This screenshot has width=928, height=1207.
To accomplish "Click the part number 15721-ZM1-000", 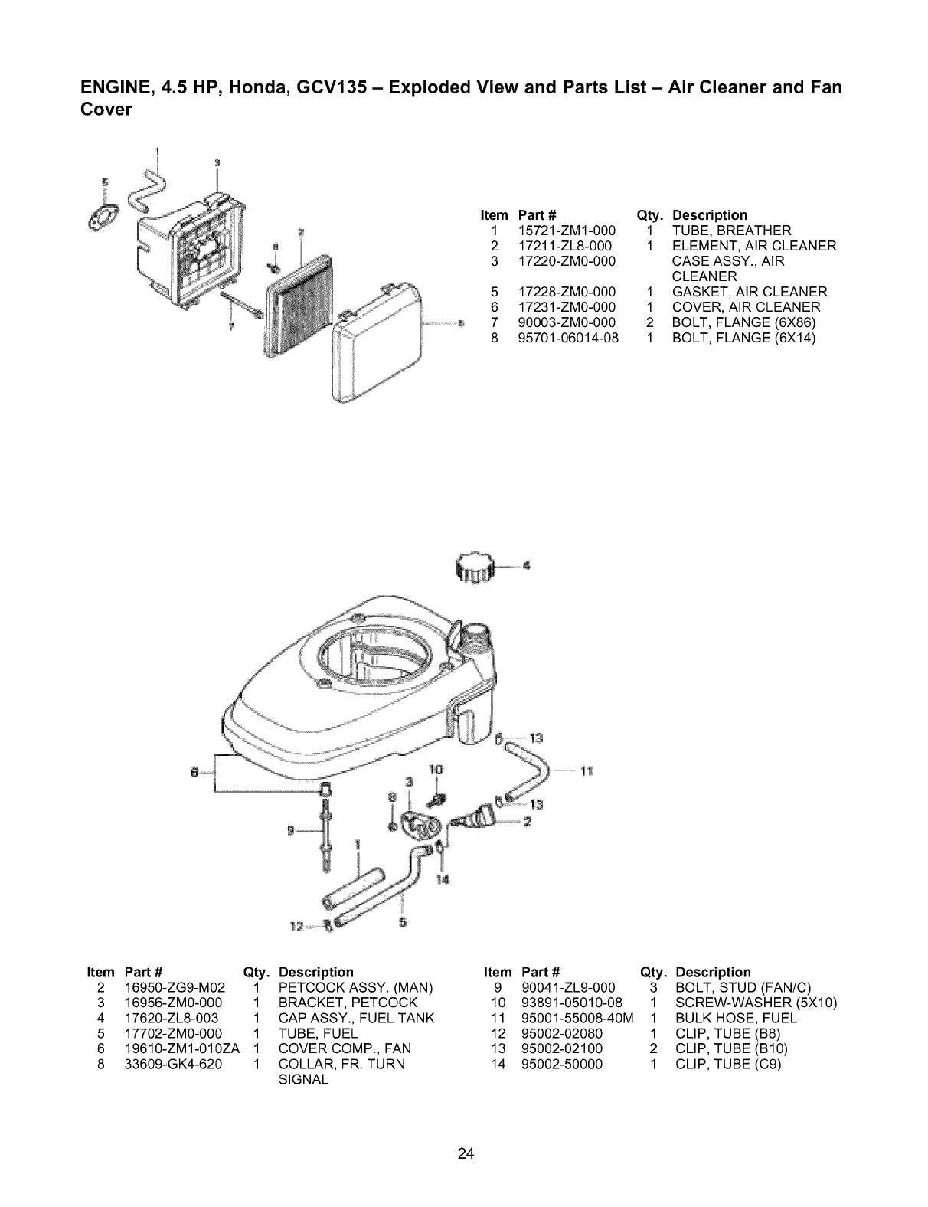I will coord(567,231).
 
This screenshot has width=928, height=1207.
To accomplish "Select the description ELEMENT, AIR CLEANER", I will coord(753,246).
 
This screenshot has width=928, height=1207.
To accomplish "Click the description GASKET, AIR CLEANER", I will coord(749,292).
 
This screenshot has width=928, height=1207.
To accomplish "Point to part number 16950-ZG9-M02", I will coord(175,987).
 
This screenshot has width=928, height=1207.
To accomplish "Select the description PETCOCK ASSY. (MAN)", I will coord(356,987).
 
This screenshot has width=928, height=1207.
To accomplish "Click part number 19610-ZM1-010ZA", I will coord(182,1048).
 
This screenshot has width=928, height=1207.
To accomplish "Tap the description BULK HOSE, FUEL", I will coord(736,1018).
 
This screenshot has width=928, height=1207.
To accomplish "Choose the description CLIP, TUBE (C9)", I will coord(727,1064).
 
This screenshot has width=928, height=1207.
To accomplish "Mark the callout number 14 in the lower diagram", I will coord(441,879).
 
